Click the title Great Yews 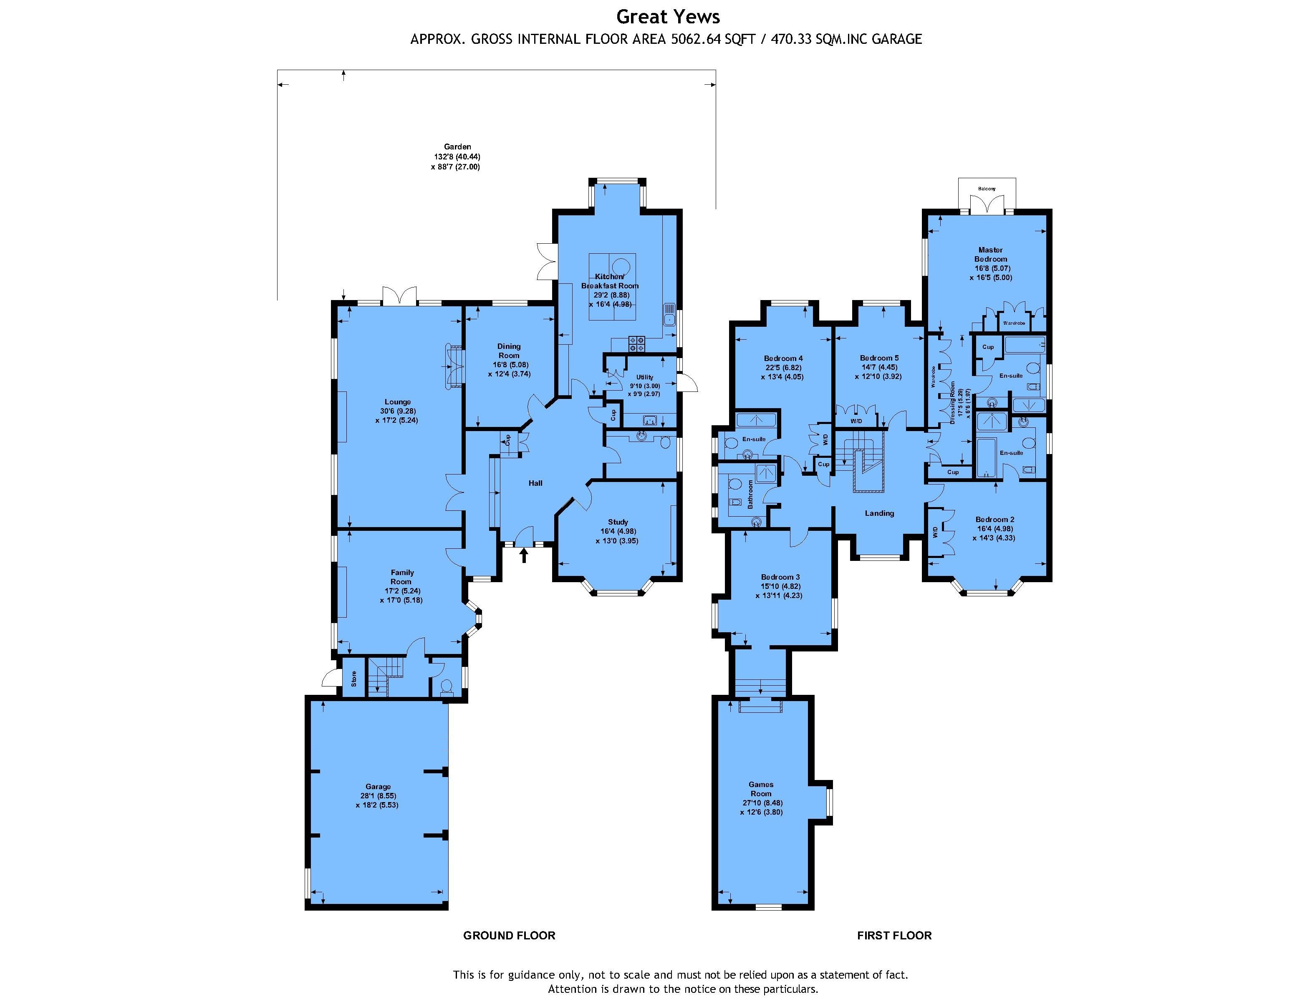coord(668,17)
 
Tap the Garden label coord(457,147)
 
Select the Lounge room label coord(398,402)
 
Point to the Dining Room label coord(509,351)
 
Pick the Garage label coord(378,787)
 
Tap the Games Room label coord(761,789)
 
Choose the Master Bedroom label coord(991,255)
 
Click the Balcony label coord(987,189)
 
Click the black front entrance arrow coord(524,555)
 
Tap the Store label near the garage coord(353,679)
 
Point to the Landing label coord(880,513)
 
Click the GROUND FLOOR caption coord(509,936)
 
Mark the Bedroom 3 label coord(780,577)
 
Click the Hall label coord(535,483)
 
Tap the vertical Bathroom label coord(751,495)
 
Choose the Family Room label coord(402,577)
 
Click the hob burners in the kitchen coord(636,343)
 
